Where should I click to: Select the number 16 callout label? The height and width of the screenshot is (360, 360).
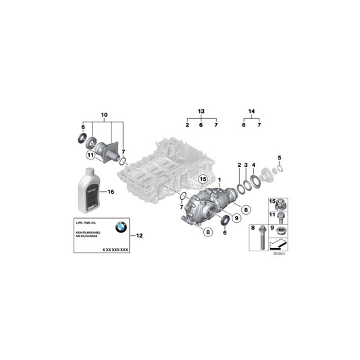point(112,192)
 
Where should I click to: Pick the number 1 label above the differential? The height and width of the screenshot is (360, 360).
point(220,180)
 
